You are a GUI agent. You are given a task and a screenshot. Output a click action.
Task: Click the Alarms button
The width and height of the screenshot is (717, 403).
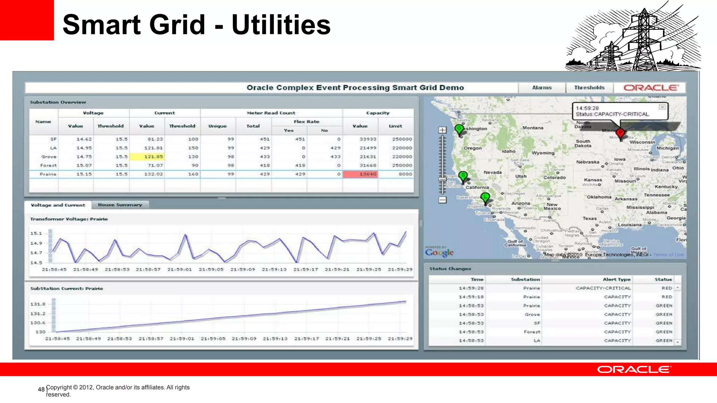point(542,88)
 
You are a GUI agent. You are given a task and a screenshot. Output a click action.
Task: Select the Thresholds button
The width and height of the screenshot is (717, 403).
point(589,88)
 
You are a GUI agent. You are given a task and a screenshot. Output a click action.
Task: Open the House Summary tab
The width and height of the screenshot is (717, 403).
point(120,205)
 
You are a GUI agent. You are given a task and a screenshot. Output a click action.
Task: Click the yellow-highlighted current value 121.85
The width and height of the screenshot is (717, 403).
point(147,157)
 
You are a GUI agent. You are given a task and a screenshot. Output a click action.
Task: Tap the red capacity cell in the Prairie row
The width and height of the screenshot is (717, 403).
point(360,174)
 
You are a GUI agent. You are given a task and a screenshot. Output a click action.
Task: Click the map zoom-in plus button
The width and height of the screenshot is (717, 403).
point(443,130)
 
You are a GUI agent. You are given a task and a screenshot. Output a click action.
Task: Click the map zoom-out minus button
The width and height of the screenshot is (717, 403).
point(443,200)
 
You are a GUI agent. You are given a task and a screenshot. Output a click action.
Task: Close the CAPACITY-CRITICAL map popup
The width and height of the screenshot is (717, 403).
point(662,107)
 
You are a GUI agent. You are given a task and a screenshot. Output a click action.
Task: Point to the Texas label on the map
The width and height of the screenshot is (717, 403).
point(590,218)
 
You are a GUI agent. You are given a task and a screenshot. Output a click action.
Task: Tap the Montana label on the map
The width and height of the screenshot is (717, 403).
point(532,128)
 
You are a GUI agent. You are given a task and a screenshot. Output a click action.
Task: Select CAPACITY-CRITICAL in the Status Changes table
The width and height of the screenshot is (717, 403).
point(603,288)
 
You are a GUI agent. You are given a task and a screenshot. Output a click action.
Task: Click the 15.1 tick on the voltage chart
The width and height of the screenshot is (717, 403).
point(36,233)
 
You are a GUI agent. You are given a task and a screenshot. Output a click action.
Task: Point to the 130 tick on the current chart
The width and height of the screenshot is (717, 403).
point(41,332)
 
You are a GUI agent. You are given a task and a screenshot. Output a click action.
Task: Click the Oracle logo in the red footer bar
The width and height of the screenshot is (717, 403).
point(634,370)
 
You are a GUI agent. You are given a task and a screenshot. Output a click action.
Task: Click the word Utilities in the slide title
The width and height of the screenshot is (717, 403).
point(281,25)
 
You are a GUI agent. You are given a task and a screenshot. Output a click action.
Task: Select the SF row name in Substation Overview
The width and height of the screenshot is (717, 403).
point(53,139)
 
